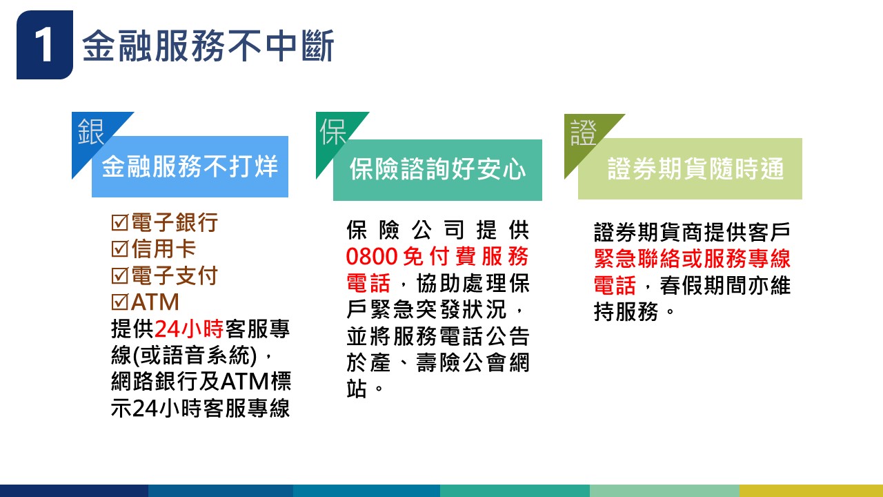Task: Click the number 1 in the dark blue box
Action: [43, 46]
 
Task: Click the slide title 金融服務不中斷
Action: [208, 46]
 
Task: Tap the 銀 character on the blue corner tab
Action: [90, 132]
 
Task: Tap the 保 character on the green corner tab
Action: [333, 132]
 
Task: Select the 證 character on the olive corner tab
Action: [584, 133]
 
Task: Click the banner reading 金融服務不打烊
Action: [190, 166]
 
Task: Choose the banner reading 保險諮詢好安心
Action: [437, 170]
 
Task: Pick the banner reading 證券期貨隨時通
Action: [691, 169]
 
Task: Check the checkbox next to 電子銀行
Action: [120, 222]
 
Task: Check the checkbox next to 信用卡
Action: [120, 249]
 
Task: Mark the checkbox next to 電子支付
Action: [120, 275]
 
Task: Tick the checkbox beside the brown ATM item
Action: [120, 302]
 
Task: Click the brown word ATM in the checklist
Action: [155, 302]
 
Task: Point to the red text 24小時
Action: [189, 329]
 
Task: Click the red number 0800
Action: [372, 256]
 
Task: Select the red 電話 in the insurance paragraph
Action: [368, 283]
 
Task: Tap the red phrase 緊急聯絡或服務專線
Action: [692, 259]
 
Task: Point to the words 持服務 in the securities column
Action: [626, 312]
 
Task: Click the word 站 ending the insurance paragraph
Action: [357, 389]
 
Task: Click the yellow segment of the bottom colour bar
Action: [811, 491]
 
